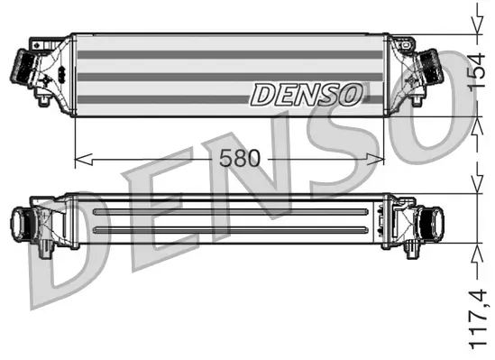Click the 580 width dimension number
click(238, 159)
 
